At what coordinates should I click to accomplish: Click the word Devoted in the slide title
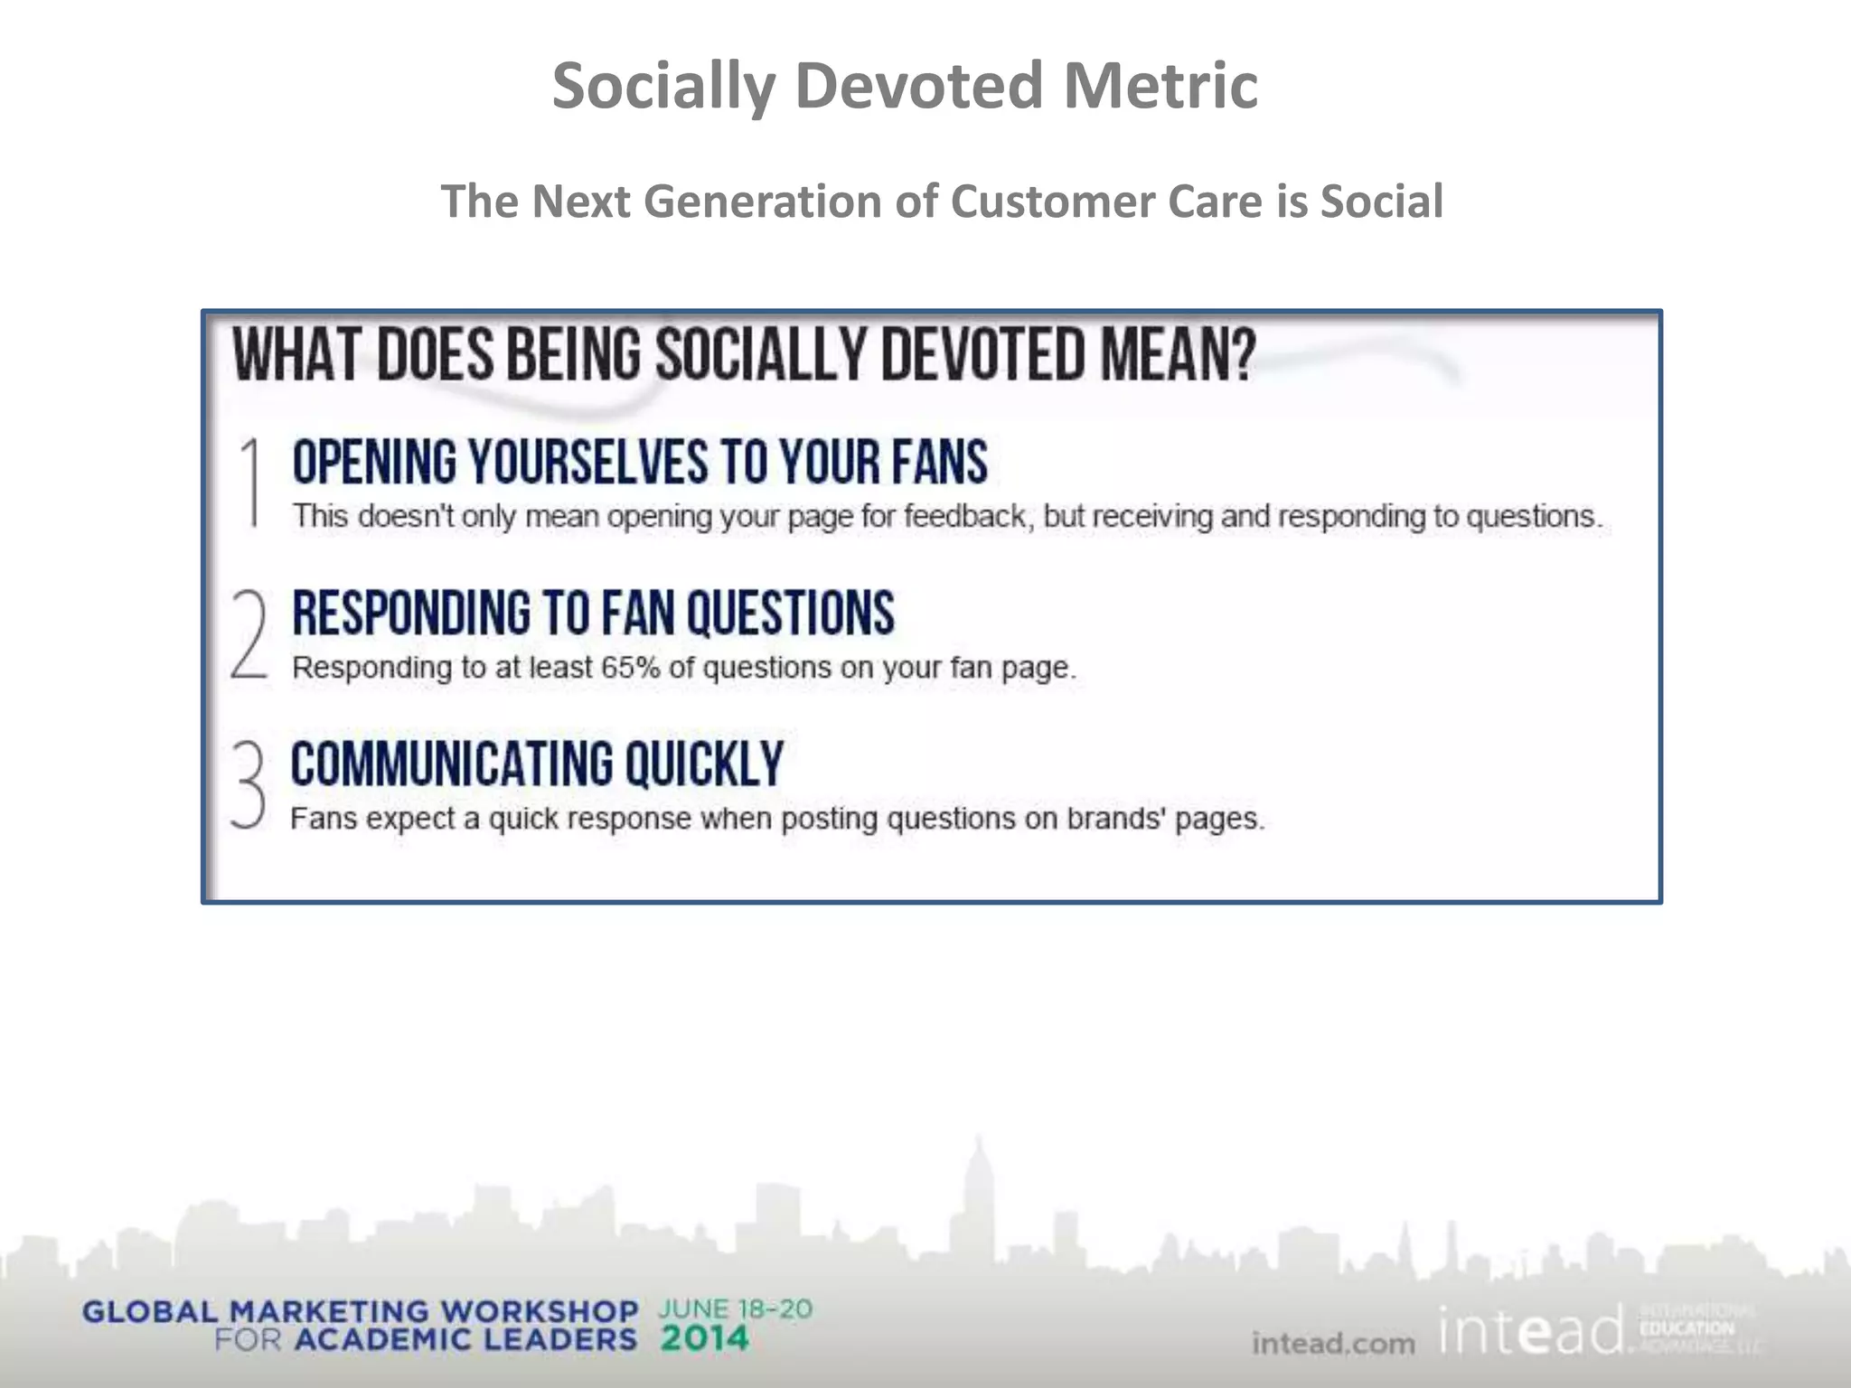coord(918,86)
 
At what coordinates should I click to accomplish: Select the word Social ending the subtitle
coord(1381,201)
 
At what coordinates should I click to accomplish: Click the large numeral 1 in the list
coord(252,482)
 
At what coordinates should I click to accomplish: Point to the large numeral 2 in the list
coord(249,633)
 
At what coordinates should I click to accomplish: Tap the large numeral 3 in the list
coord(248,783)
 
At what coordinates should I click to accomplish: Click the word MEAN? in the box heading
coord(1177,355)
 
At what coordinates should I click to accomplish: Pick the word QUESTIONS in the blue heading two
coord(790,613)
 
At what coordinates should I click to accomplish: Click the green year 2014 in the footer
coord(704,1338)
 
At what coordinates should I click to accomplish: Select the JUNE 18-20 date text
coord(736,1309)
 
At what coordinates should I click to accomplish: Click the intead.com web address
coord(1333,1344)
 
